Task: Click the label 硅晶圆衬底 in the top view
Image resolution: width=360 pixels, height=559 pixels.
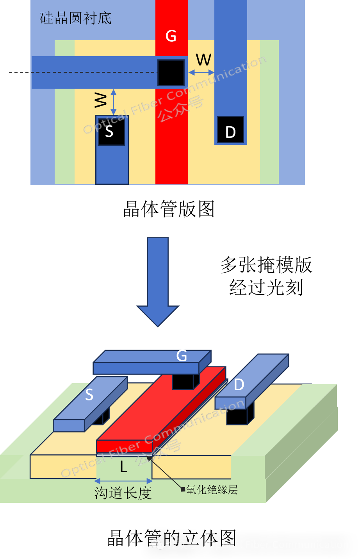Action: click(76, 18)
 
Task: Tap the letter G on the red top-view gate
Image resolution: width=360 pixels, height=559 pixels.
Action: click(171, 36)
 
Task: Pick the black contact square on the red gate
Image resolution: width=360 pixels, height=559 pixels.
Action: click(171, 73)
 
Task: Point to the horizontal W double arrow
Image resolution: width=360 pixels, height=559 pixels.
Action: click(201, 72)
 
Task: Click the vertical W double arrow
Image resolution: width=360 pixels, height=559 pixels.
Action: click(114, 102)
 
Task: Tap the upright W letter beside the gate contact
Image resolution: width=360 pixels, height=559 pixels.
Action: click(204, 60)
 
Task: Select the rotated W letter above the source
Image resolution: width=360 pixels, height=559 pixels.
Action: click(101, 100)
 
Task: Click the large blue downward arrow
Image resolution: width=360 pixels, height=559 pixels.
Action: click(158, 281)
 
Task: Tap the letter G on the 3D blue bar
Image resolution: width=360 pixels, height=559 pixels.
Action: click(182, 356)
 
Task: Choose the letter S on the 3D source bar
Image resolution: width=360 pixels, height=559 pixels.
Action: click(89, 395)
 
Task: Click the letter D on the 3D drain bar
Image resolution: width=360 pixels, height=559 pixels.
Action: click(239, 385)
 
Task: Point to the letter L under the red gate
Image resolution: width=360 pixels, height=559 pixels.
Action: click(123, 467)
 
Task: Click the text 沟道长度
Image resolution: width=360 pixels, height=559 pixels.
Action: click(123, 493)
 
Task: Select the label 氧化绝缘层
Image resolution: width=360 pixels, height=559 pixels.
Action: click(212, 489)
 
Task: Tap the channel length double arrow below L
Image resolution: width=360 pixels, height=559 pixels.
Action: click(124, 481)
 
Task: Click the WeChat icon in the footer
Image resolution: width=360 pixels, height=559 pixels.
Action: click(158, 544)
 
